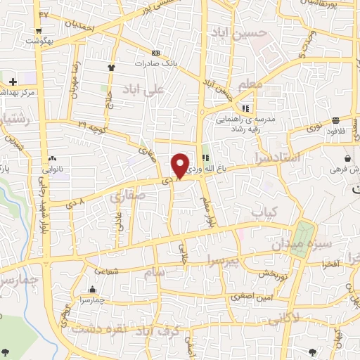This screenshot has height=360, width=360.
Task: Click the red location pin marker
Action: click(180, 165)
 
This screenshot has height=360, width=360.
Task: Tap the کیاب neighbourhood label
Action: click(266, 211)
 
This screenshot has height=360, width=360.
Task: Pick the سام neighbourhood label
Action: click(156, 271)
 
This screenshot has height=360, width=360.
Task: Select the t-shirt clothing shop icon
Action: click(111, 67)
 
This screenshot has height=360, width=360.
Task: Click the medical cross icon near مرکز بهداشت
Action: click(13, 82)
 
